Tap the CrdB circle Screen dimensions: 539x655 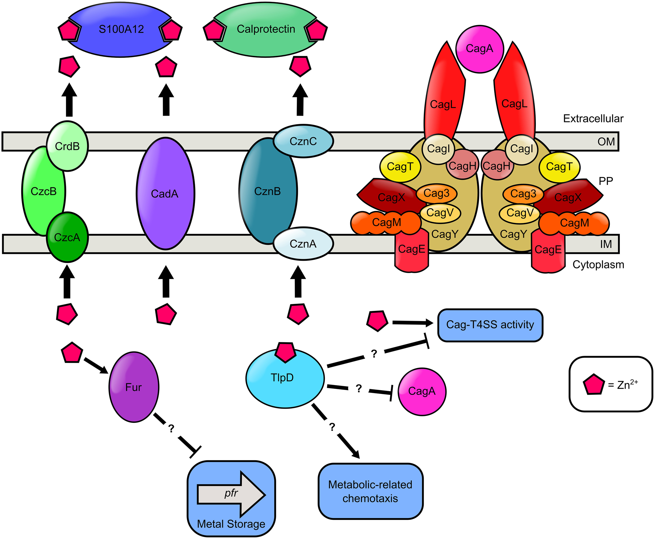tap(67, 146)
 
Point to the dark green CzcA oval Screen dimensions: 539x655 tap(67, 238)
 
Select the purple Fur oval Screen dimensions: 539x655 tap(134, 387)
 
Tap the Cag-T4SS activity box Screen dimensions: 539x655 tap(490, 325)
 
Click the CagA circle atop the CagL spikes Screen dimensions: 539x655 tap(479, 49)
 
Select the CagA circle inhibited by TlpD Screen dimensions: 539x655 tap(422, 391)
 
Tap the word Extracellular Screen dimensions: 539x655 tap(593, 119)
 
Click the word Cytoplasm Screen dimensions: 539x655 tap(598, 265)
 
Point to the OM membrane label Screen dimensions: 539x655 tap(606, 142)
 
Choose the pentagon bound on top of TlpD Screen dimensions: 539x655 tap(285, 352)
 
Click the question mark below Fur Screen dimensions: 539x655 tap(171, 429)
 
